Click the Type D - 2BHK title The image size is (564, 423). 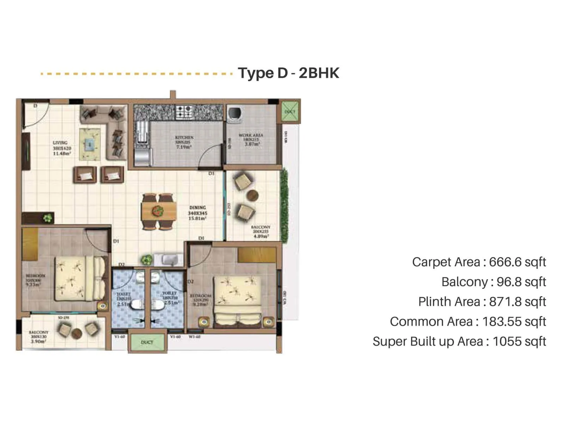(288, 73)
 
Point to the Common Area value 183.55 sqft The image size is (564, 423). (514, 321)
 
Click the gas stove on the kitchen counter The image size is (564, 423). (184, 112)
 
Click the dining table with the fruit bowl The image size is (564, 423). (158, 211)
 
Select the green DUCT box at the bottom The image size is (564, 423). (147, 342)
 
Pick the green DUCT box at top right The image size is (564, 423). (290, 111)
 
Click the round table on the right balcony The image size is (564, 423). (252, 195)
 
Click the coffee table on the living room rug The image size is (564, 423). (90, 144)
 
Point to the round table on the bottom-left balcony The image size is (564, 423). (76, 333)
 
